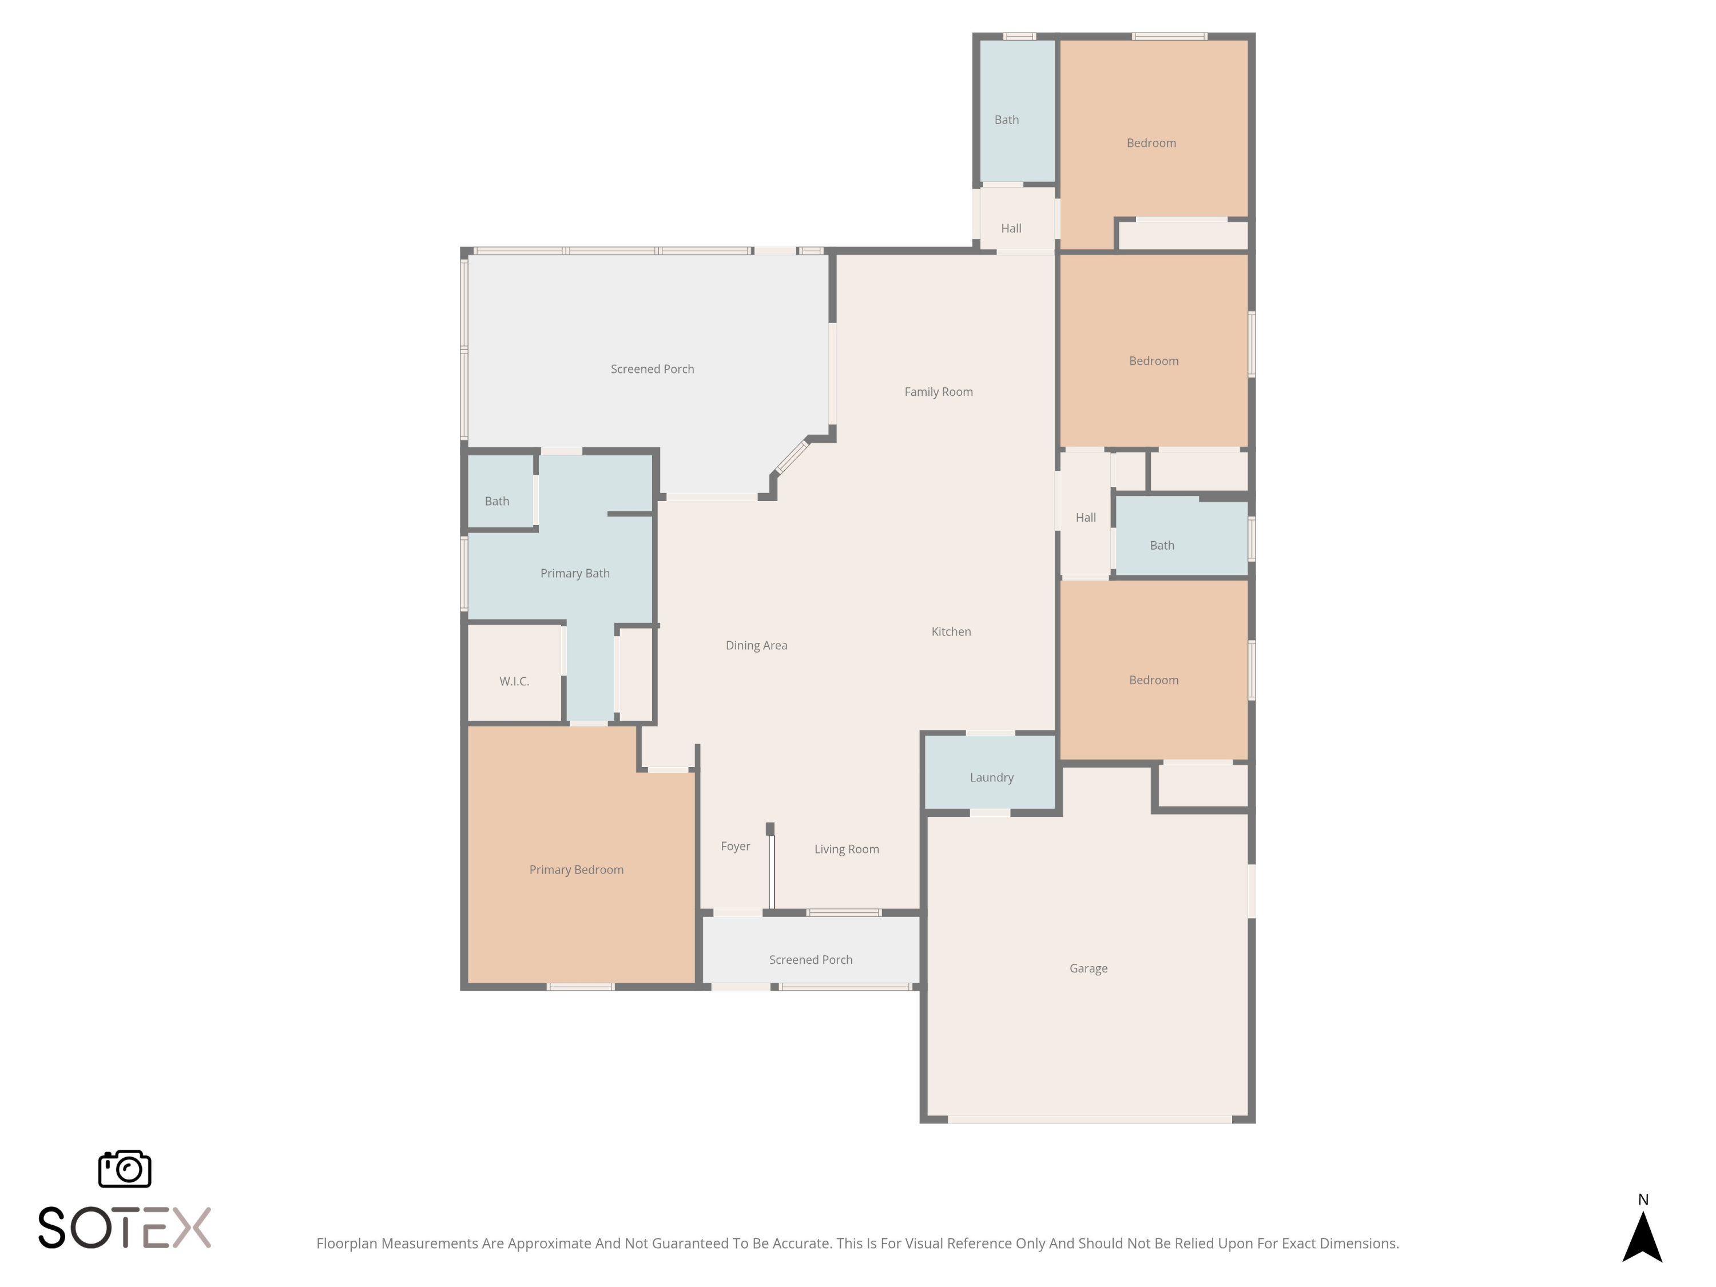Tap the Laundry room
click(991, 773)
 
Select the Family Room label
click(938, 392)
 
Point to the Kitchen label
click(951, 631)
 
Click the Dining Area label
click(756, 645)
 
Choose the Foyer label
click(736, 847)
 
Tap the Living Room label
click(847, 849)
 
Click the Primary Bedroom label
click(577, 869)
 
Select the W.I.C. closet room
click(514, 673)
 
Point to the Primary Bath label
click(575, 573)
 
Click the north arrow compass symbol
click(1642, 1237)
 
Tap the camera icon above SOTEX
click(125, 1168)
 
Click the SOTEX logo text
click(124, 1228)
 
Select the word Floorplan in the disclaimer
click(347, 1244)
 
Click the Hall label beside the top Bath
click(1011, 228)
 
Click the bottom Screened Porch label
click(811, 960)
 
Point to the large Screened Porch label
click(653, 370)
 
